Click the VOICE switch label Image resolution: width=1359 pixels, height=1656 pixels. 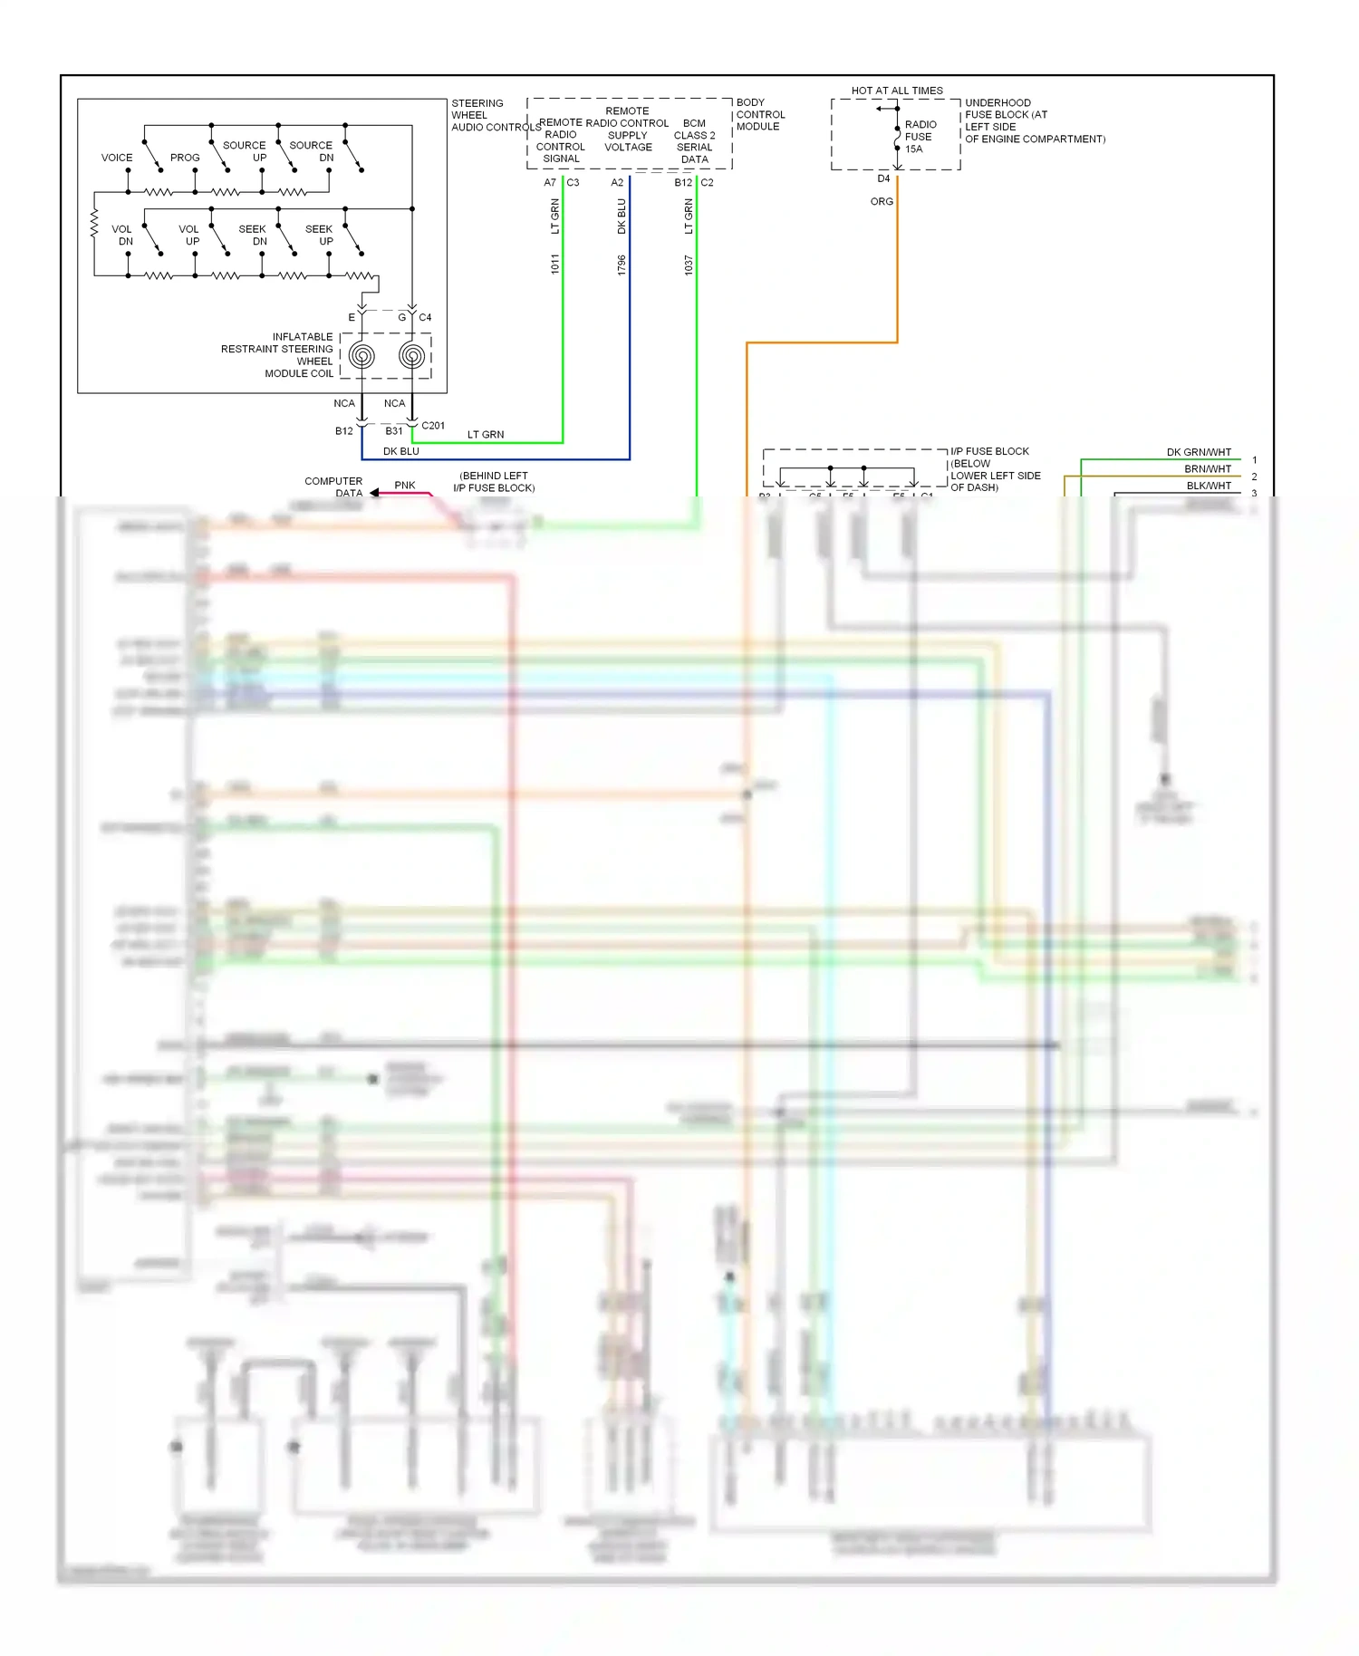tap(117, 158)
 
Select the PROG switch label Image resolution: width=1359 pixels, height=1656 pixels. tap(185, 158)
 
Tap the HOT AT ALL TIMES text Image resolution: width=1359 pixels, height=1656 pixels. tap(897, 91)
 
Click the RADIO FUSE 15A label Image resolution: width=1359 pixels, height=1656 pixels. tap(920, 137)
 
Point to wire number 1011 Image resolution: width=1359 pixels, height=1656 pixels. tap(555, 265)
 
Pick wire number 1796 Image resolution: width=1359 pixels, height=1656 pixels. tap(622, 265)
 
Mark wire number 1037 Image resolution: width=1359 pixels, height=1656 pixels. tap(689, 265)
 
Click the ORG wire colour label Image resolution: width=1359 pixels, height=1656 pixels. tap(882, 202)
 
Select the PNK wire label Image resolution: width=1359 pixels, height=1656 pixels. tap(405, 486)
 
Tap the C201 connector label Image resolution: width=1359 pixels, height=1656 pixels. tap(433, 426)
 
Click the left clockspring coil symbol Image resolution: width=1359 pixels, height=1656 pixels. tap(361, 356)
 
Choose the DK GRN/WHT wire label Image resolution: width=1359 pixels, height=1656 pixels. tap(1199, 452)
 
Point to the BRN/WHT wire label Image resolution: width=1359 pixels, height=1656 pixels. tap(1208, 469)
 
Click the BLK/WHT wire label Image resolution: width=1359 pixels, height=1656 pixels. tap(1209, 486)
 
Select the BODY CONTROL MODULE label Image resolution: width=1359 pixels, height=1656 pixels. tap(760, 115)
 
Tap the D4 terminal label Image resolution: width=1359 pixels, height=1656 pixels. tap(883, 179)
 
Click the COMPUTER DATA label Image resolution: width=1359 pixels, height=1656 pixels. tap(334, 487)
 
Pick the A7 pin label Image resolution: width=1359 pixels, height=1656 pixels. tap(550, 183)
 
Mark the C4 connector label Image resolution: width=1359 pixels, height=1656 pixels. tap(425, 318)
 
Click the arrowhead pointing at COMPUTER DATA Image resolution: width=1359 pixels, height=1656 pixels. tap(374, 493)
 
